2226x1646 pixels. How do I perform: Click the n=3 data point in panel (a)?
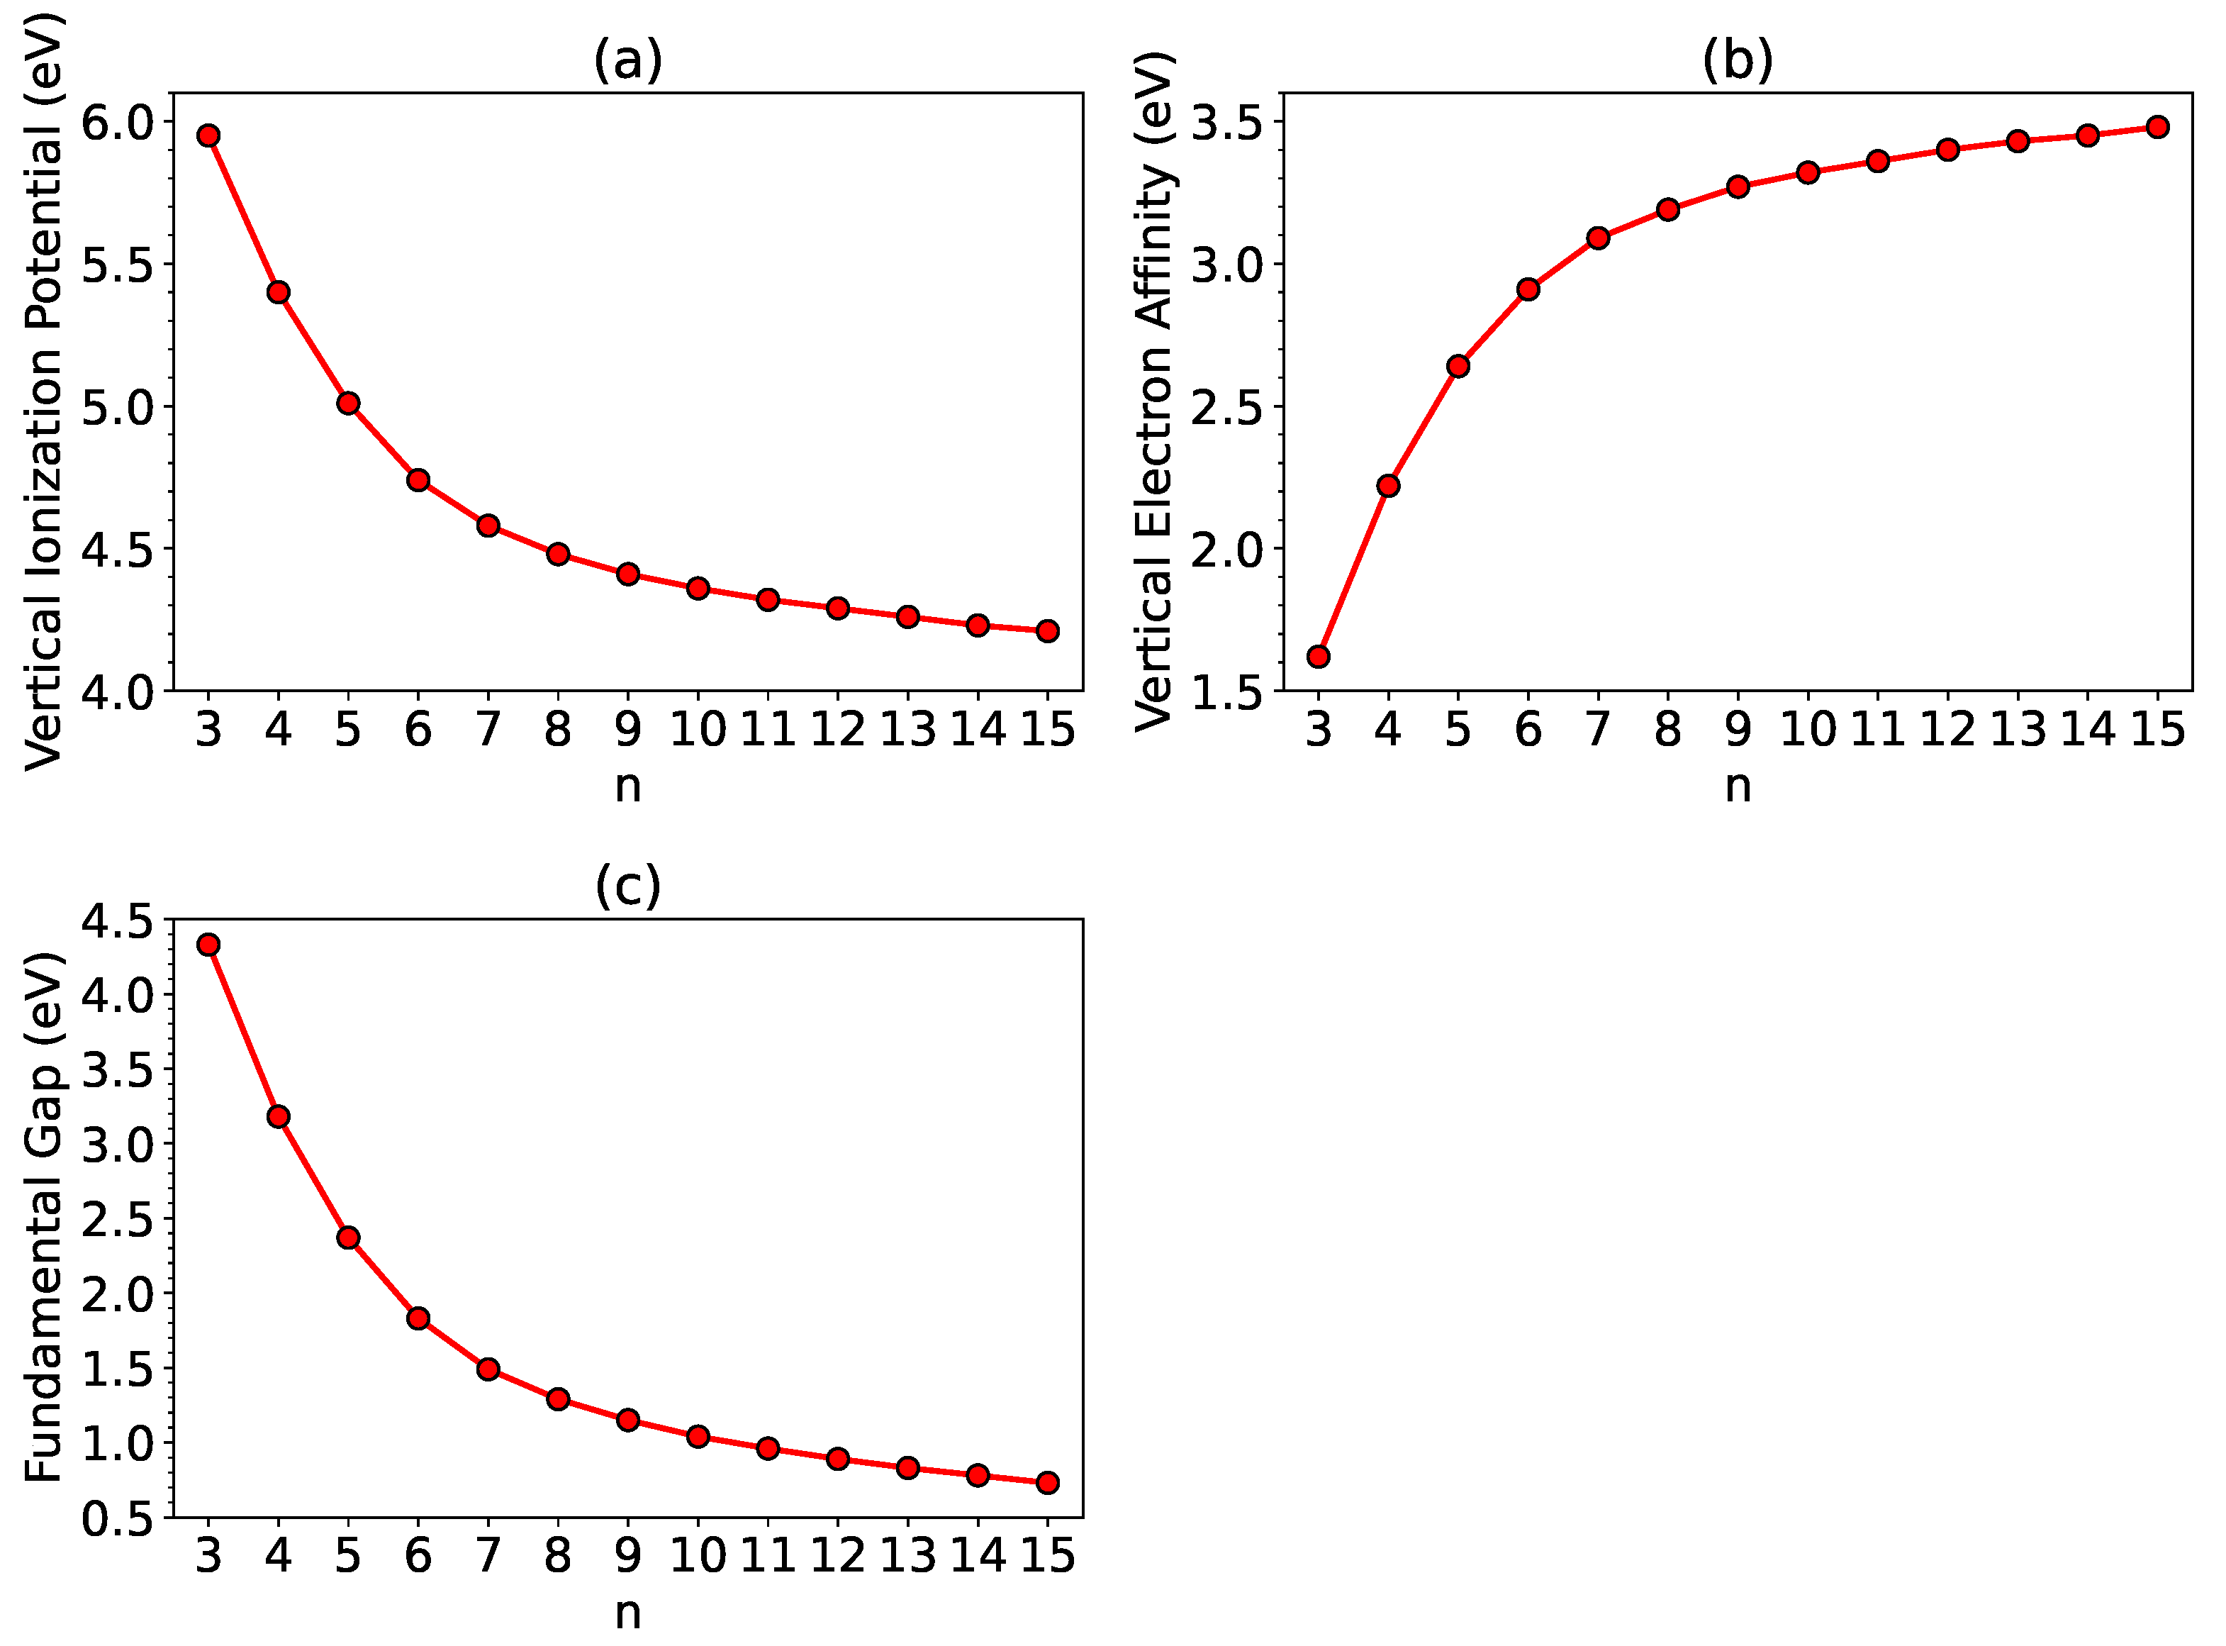point(208,135)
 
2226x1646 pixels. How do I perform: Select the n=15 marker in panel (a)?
point(1048,630)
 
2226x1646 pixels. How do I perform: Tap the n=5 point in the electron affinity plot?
point(1458,366)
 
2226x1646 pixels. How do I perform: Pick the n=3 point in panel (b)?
point(1319,657)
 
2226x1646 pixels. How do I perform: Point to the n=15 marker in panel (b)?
point(2157,126)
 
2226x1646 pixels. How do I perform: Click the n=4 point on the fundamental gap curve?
point(278,1116)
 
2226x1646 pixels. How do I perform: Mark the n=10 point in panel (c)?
point(697,1436)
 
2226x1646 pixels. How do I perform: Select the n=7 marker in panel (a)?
point(488,525)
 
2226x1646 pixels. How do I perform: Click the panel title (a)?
point(627,60)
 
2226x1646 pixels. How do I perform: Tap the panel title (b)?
point(1738,60)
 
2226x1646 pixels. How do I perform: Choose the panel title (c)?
point(627,885)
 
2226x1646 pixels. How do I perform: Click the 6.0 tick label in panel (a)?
point(118,123)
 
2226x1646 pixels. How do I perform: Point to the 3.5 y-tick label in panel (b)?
point(1228,123)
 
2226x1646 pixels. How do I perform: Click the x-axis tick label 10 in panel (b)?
point(1808,730)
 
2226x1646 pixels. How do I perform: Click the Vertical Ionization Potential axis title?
point(44,391)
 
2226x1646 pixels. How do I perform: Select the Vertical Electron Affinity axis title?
point(1156,391)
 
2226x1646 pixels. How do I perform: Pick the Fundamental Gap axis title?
point(44,1218)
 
